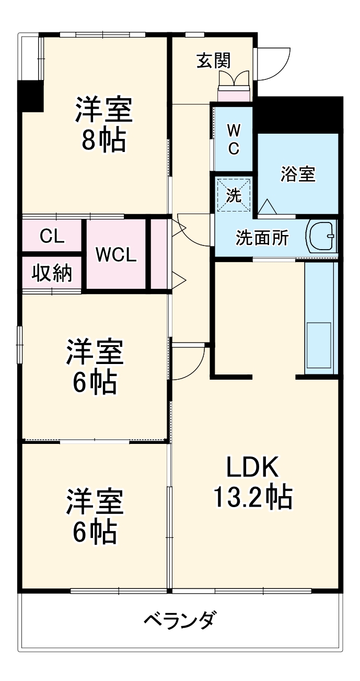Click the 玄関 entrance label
click(x=213, y=61)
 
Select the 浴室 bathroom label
click(x=298, y=174)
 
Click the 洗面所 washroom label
click(x=262, y=238)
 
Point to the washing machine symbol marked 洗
click(x=234, y=195)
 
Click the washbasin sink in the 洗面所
click(x=322, y=237)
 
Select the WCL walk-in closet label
click(x=116, y=255)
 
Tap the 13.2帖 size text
click(x=253, y=497)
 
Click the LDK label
click(x=253, y=467)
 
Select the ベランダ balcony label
click(x=179, y=621)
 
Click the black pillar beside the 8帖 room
click(x=30, y=96)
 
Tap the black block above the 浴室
click(x=298, y=115)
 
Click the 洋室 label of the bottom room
click(x=95, y=501)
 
